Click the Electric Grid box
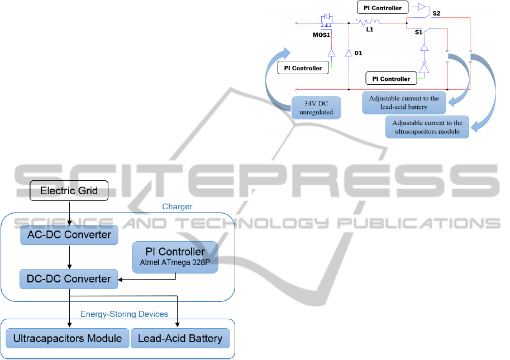[69, 191]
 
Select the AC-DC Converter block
[69, 234]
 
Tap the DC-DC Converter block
[69, 279]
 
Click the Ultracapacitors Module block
[68, 338]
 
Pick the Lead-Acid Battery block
[180, 338]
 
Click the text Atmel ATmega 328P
[174, 262]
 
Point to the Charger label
[177, 207]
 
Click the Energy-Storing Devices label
[124, 314]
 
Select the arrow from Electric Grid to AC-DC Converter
[69, 212]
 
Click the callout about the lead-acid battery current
[404, 103]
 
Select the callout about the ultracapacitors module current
[427, 127]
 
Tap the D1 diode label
[359, 54]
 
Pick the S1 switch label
[418, 33]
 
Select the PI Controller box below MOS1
[303, 68]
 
